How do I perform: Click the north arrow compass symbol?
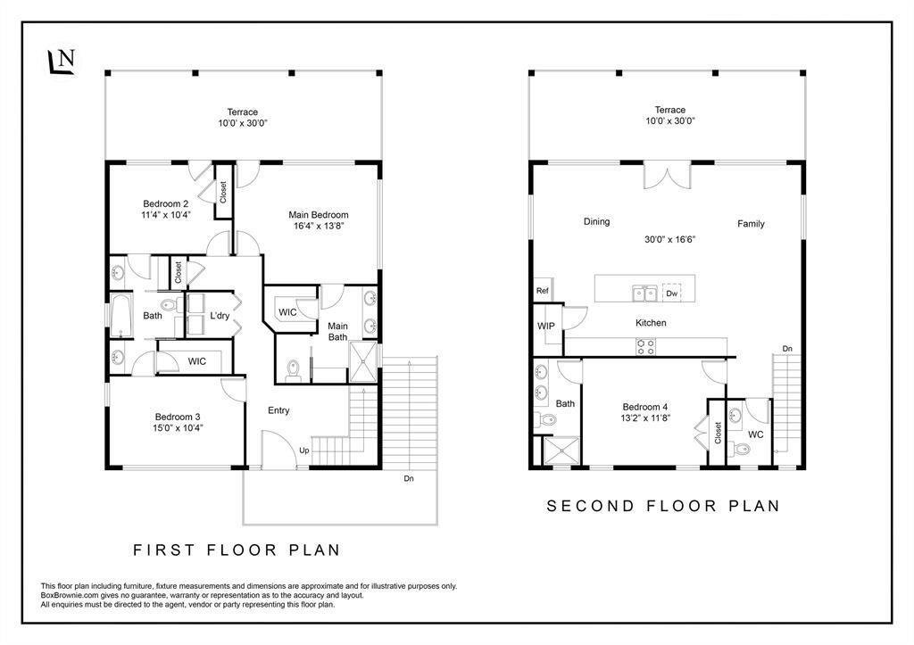coord(61,62)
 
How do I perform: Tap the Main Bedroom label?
coord(319,215)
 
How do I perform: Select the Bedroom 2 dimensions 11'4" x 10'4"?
coord(166,214)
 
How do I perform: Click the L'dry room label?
coord(220,316)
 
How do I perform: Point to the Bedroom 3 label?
coord(178,417)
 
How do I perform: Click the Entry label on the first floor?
coord(278,410)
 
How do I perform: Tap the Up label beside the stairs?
coord(304,451)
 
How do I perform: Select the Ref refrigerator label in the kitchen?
coord(542,290)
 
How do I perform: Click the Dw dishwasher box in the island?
coord(671,294)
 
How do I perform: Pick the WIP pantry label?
coord(546,327)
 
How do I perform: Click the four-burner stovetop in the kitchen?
coord(646,347)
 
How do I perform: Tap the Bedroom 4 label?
coord(645,408)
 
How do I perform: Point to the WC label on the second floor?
coord(755,434)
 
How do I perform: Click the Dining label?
coord(597,221)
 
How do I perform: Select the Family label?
coord(751,224)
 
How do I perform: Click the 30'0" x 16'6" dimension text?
coord(670,239)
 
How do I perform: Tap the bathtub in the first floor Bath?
coord(121,315)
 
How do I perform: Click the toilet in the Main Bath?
coord(293,371)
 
